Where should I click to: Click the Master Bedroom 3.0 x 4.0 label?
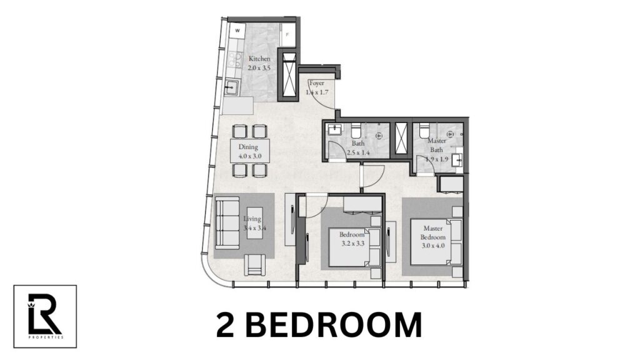[433, 237]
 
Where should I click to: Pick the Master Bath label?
[437, 145]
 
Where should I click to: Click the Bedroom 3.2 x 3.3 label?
[352, 238]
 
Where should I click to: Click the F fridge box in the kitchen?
[287, 35]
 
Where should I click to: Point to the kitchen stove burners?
[236, 60]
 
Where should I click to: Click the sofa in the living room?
[226, 223]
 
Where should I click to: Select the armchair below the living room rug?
[256, 265]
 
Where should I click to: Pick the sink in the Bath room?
[333, 130]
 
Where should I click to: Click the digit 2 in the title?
[229, 326]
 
